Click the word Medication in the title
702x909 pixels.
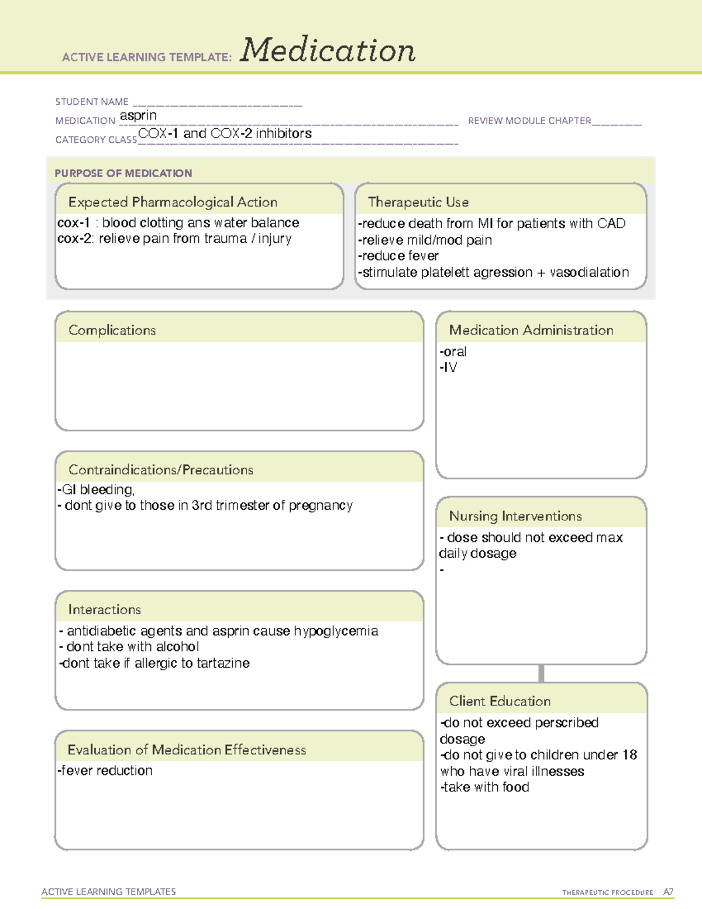328,50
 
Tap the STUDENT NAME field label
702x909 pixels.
92,102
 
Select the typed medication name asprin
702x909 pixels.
138,116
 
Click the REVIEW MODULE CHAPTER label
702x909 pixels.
529,121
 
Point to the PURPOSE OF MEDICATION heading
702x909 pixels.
123,173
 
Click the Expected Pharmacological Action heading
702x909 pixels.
173,202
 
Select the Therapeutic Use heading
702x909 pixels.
418,202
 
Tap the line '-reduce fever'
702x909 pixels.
398,256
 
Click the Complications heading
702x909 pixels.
112,330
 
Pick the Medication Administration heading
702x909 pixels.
531,330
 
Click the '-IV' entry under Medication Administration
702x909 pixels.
449,368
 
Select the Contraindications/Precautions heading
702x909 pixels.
161,469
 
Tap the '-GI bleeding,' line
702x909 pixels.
96,489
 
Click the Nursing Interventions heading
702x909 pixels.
515,516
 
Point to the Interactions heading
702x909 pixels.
105,609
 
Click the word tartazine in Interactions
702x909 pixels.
223,663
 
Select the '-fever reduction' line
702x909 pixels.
105,771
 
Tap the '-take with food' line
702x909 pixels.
485,787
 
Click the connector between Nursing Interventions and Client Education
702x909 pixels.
541,674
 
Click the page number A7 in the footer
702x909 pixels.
668,892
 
